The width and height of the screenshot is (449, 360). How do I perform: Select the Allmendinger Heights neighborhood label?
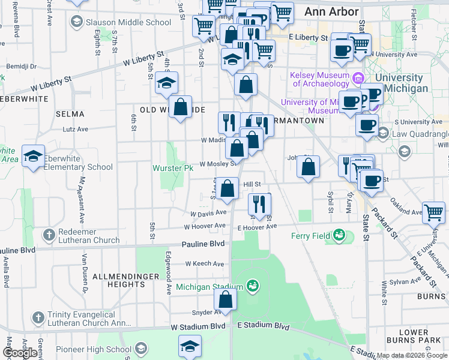click(125, 280)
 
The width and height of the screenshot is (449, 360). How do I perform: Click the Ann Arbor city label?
click(331, 11)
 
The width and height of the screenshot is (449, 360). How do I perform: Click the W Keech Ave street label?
click(204, 263)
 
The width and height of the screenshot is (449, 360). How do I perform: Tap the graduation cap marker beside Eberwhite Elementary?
click(33, 157)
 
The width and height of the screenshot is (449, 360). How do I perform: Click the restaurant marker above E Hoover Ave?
click(259, 203)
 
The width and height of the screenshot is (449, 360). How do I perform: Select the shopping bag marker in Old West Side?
click(180, 107)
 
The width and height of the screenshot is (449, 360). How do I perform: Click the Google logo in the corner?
click(19, 353)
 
